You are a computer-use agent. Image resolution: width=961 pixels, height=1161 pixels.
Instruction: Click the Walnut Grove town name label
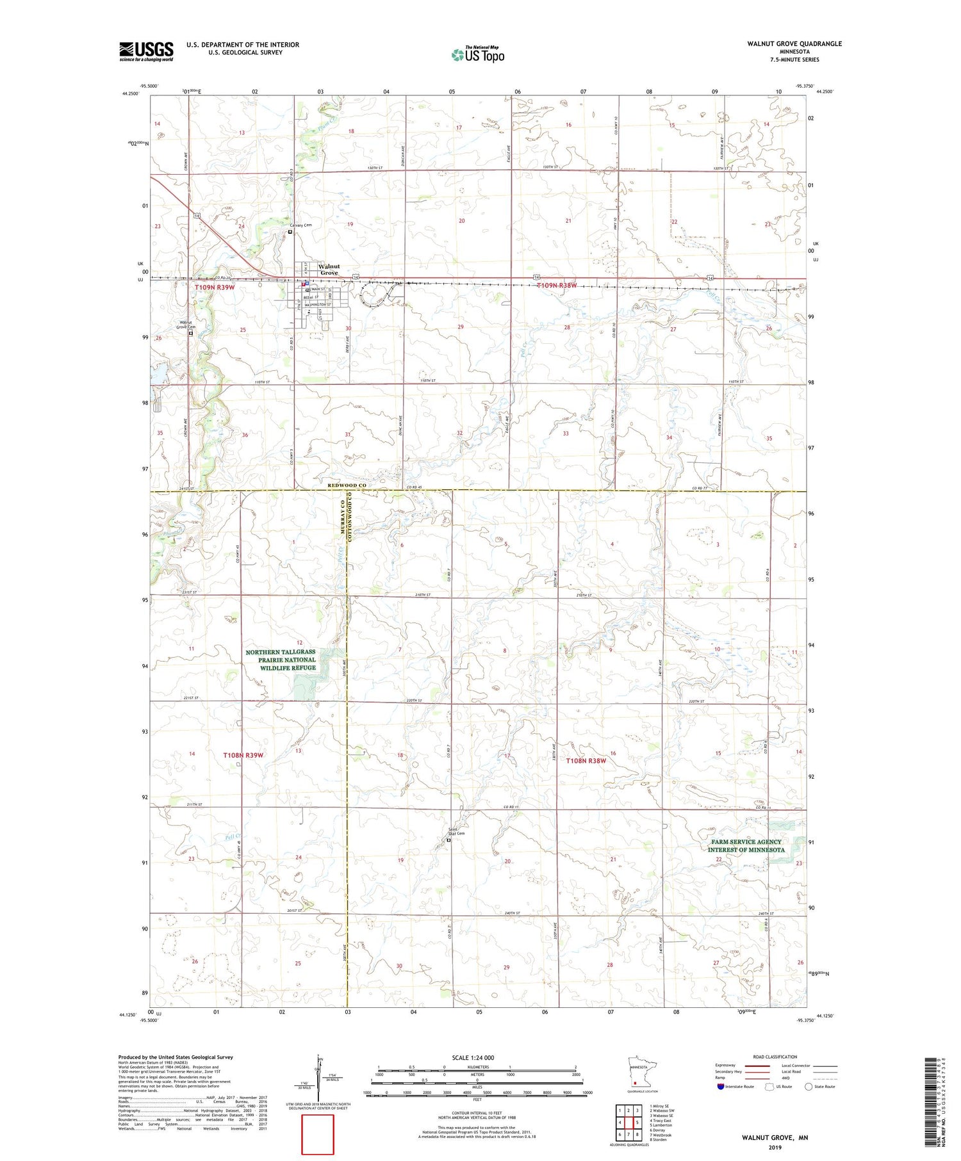[x=329, y=269]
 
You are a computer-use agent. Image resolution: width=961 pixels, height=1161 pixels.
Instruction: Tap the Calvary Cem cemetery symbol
[x=290, y=232]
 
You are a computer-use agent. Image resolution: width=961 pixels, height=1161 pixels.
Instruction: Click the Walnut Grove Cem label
[x=187, y=325]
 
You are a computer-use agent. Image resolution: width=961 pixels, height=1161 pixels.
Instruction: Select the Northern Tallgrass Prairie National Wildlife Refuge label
[x=281, y=660]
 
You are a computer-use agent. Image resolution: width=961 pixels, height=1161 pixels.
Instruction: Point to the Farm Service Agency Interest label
[x=746, y=846]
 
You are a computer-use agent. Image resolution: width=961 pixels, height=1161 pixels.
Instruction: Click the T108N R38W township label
[x=586, y=761]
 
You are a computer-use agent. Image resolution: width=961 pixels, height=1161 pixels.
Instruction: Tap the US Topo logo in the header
[x=477, y=54]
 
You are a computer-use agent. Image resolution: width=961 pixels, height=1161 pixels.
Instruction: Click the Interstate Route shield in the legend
[x=720, y=1087]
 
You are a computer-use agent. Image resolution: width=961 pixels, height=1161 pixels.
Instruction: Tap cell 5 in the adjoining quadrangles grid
[x=637, y=1123]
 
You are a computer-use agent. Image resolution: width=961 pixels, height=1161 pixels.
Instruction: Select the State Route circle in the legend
[x=809, y=1087]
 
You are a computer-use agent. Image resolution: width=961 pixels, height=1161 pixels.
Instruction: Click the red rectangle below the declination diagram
[x=318, y=1134]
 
